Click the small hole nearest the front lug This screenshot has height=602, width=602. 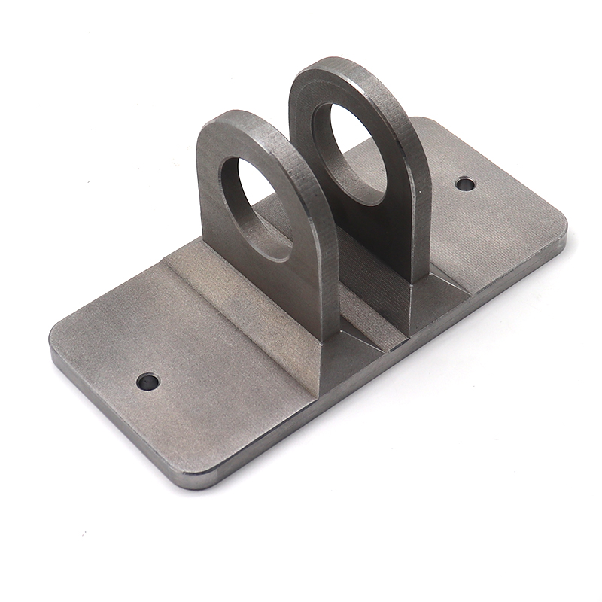point(148,382)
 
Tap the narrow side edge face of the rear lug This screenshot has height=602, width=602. point(418,203)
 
